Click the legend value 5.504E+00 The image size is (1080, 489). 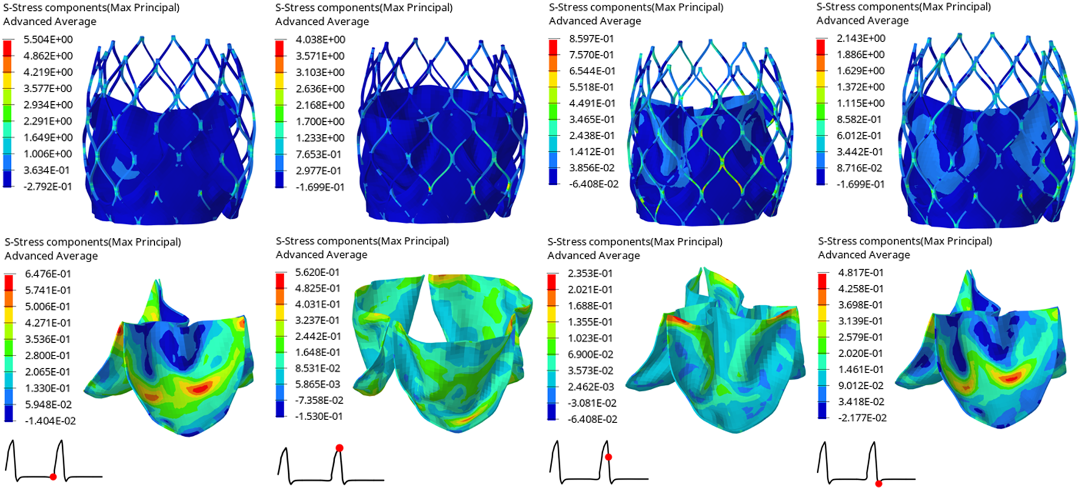(47, 40)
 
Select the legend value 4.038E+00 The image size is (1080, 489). (319, 40)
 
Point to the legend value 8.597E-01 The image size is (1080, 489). (591, 38)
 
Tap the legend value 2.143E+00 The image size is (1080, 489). (861, 38)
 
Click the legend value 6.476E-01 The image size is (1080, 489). (48, 274)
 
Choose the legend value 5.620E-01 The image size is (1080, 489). (317, 273)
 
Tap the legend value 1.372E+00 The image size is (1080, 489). (861, 87)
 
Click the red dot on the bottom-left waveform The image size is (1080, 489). (54, 477)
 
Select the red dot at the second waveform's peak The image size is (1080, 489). (339, 448)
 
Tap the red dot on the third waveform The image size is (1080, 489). (608, 457)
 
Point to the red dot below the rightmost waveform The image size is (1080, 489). (878, 484)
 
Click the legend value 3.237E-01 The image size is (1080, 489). (317, 320)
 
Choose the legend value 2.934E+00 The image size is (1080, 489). (47, 105)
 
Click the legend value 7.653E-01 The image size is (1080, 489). (319, 154)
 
